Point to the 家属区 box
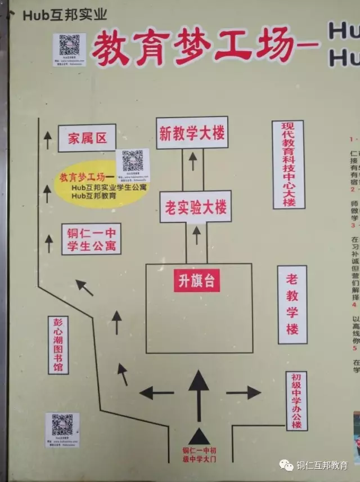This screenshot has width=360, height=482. [87, 139]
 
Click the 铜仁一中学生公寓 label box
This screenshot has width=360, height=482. [91, 239]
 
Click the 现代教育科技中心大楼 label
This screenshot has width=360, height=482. [288, 164]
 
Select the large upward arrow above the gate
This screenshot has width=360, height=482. [199, 386]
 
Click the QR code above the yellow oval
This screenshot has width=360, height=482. [133, 162]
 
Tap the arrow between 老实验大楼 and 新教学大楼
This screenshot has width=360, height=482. [192, 161]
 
